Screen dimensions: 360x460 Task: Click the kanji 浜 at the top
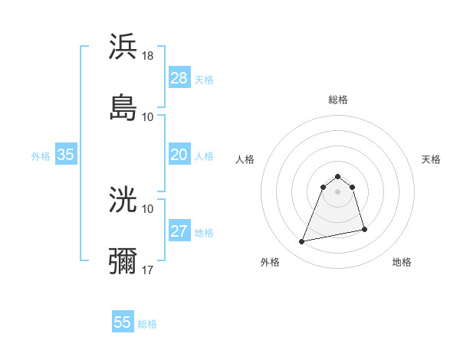point(123,47)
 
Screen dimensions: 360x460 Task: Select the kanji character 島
point(123,107)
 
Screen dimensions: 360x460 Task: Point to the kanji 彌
point(123,260)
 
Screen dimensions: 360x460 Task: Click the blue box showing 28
point(179,78)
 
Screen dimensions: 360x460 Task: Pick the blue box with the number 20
point(179,155)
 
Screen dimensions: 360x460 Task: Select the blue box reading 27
point(179,232)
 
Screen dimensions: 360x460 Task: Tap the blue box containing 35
point(66,155)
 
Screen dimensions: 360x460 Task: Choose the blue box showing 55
point(123,322)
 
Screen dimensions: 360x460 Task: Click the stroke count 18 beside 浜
point(149,56)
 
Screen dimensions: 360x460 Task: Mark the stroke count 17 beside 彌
point(149,270)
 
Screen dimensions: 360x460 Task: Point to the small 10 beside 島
point(148,116)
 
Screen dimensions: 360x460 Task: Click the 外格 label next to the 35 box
point(41,156)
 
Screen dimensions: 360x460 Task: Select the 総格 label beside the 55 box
point(147,324)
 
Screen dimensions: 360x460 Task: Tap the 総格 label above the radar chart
point(338,100)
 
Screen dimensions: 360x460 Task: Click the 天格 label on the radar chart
point(432,159)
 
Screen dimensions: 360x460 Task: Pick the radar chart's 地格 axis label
point(402,262)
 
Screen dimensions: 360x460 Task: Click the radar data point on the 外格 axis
point(302,242)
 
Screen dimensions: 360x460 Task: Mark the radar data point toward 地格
point(364,229)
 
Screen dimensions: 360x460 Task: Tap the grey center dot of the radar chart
point(338,191)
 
